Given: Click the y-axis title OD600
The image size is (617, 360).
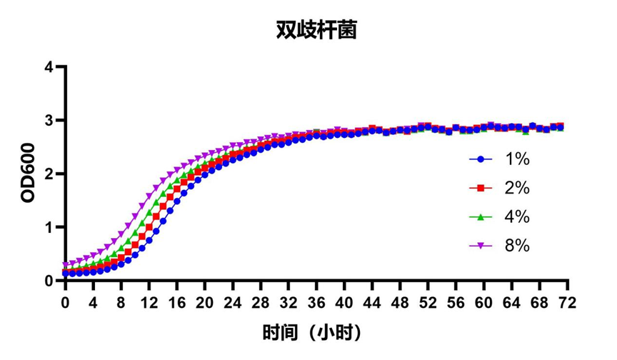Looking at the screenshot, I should [x=28, y=174].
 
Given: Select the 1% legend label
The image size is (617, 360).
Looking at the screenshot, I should [x=517, y=159].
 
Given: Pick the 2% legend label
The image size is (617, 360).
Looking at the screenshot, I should [x=517, y=188].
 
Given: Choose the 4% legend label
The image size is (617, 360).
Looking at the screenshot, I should [x=517, y=216].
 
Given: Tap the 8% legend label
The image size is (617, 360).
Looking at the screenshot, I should [x=517, y=245].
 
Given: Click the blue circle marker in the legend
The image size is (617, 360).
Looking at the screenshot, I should [x=481, y=159].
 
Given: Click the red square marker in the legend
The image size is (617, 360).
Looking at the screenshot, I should [x=481, y=188].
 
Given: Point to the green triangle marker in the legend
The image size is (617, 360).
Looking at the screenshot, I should [x=481, y=216].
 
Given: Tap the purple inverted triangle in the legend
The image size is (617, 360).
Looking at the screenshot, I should [x=481, y=246].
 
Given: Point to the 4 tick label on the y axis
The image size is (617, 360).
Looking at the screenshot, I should [x=48, y=67].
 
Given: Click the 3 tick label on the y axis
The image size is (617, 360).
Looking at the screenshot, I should [x=48, y=121].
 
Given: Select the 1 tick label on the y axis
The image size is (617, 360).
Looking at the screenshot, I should [x=48, y=228].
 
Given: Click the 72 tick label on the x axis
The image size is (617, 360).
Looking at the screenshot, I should [x=568, y=302].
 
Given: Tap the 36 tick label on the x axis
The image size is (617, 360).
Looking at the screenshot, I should [x=316, y=302].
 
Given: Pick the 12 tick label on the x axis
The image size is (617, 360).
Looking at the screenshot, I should [x=149, y=302].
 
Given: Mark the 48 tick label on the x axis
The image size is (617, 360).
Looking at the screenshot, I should [x=400, y=302].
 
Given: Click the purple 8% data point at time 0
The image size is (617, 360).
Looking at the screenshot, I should [x=65, y=265].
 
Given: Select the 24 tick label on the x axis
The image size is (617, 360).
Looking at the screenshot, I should [x=233, y=302].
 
